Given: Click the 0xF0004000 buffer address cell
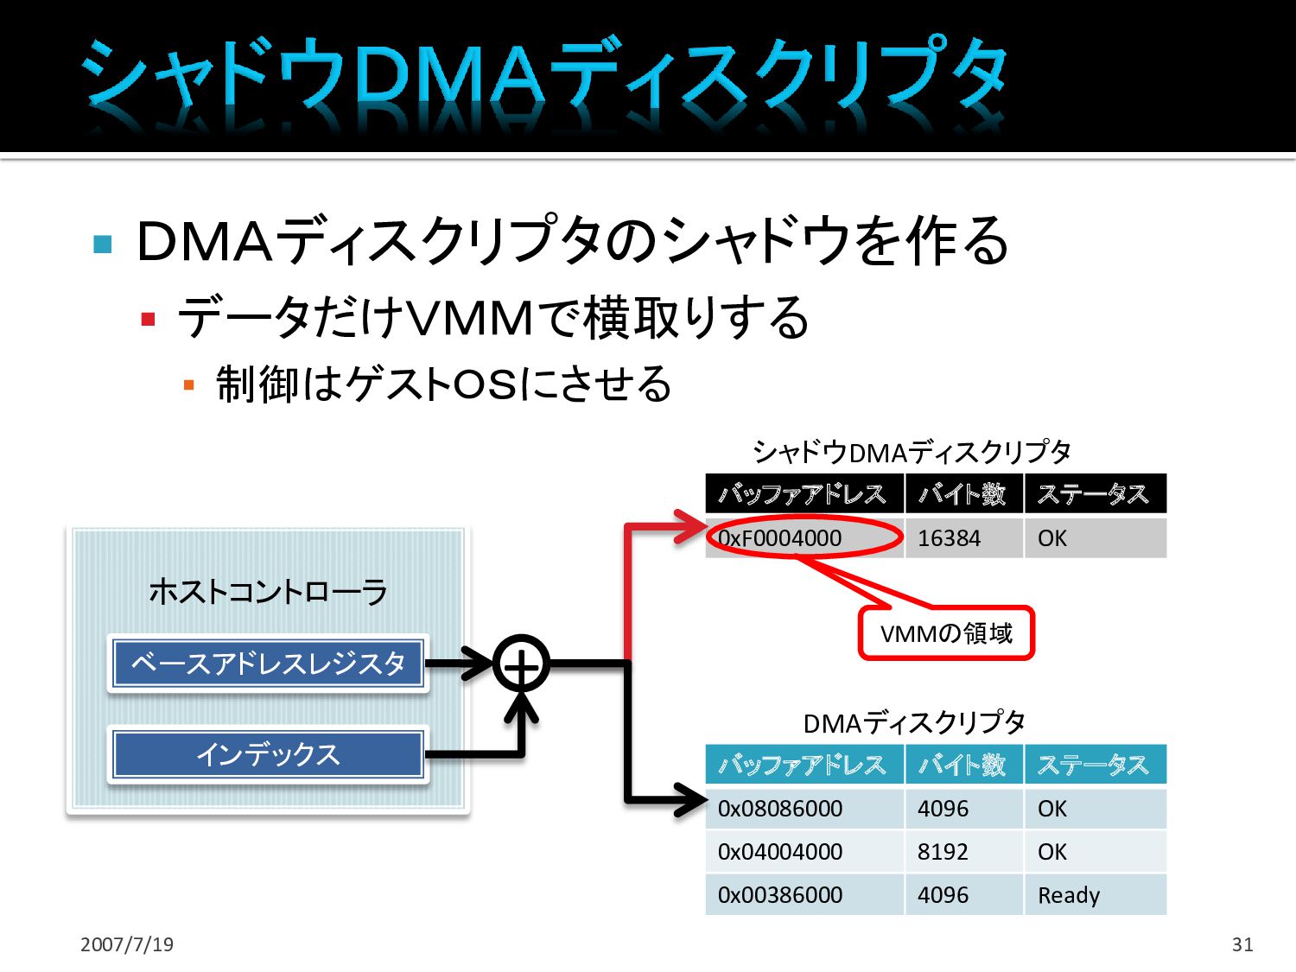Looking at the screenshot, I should click(804, 538).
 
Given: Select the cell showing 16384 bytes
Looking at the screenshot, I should click(963, 538).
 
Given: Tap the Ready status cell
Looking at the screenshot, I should click(1095, 895).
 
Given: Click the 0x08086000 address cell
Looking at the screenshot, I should click(804, 809).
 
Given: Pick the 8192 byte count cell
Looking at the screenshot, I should click(963, 852).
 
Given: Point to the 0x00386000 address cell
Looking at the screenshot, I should click(804, 895).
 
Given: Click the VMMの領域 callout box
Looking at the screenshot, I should click(946, 633).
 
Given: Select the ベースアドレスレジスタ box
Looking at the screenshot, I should click(268, 664).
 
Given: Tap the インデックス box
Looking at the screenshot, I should click(268, 754).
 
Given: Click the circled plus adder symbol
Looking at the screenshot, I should click(521, 664).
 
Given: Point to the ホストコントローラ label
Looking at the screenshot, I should click(268, 592).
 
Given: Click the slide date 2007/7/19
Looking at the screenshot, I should click(127, 944).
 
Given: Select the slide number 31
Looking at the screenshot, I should click(1242, 944).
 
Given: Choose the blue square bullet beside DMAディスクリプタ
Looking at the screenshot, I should click(103, 244).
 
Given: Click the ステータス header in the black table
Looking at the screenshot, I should click(1095, 494).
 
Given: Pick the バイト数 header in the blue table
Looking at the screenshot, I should click(963, 765).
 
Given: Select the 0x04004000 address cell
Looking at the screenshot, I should click(804, 852).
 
